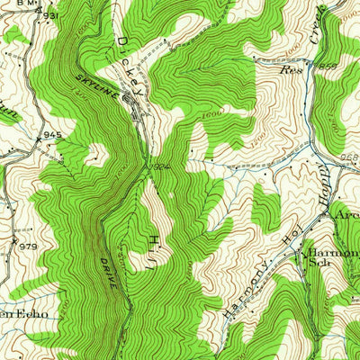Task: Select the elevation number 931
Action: (x=52, y=17)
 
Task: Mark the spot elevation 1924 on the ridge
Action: (x=160, y=168)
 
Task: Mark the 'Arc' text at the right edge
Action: (x=346, y=215)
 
